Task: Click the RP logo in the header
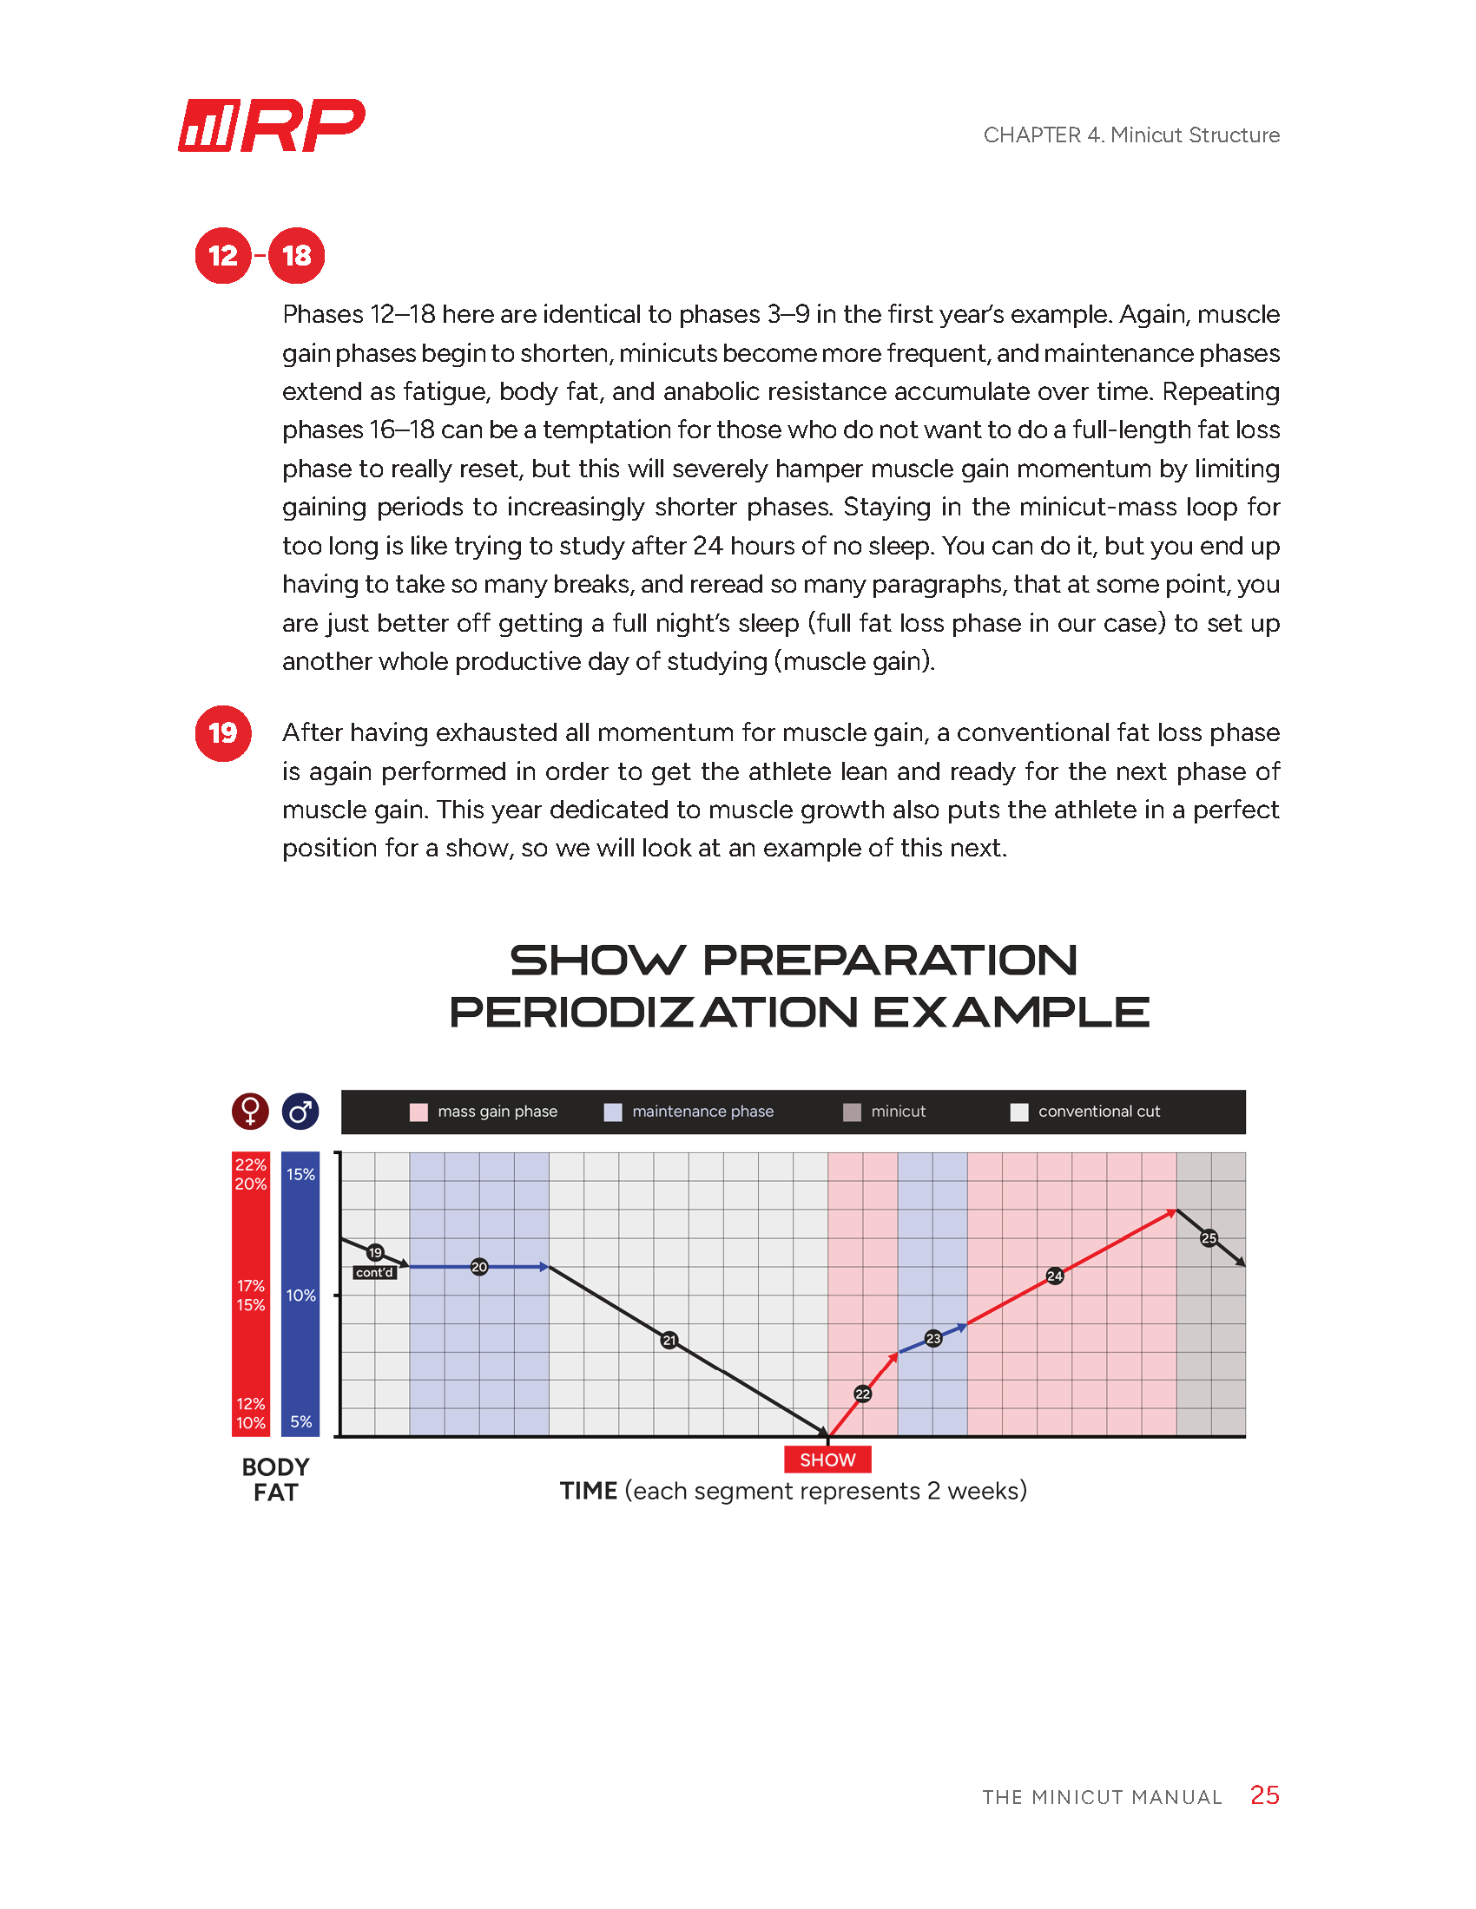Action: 271,126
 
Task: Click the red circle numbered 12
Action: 223,255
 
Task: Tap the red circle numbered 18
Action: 296,255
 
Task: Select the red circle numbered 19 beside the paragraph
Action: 223,732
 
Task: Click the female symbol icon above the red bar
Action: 250,1111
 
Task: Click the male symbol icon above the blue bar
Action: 300,1111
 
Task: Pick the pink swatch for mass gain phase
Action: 418,1112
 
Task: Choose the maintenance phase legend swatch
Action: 613,1112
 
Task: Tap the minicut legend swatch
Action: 852,1112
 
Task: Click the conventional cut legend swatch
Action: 1018,1112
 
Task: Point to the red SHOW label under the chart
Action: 827,1460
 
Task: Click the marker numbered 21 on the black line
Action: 669,1340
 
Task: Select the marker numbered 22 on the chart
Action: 862,1394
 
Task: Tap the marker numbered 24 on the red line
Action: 1055,1276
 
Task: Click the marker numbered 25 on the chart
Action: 1209,1237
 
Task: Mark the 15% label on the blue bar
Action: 300,1174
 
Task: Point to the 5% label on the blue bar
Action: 300,1421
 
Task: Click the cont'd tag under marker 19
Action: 374,1273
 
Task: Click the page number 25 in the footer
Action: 1264,1794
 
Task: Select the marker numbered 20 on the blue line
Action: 479,1267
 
